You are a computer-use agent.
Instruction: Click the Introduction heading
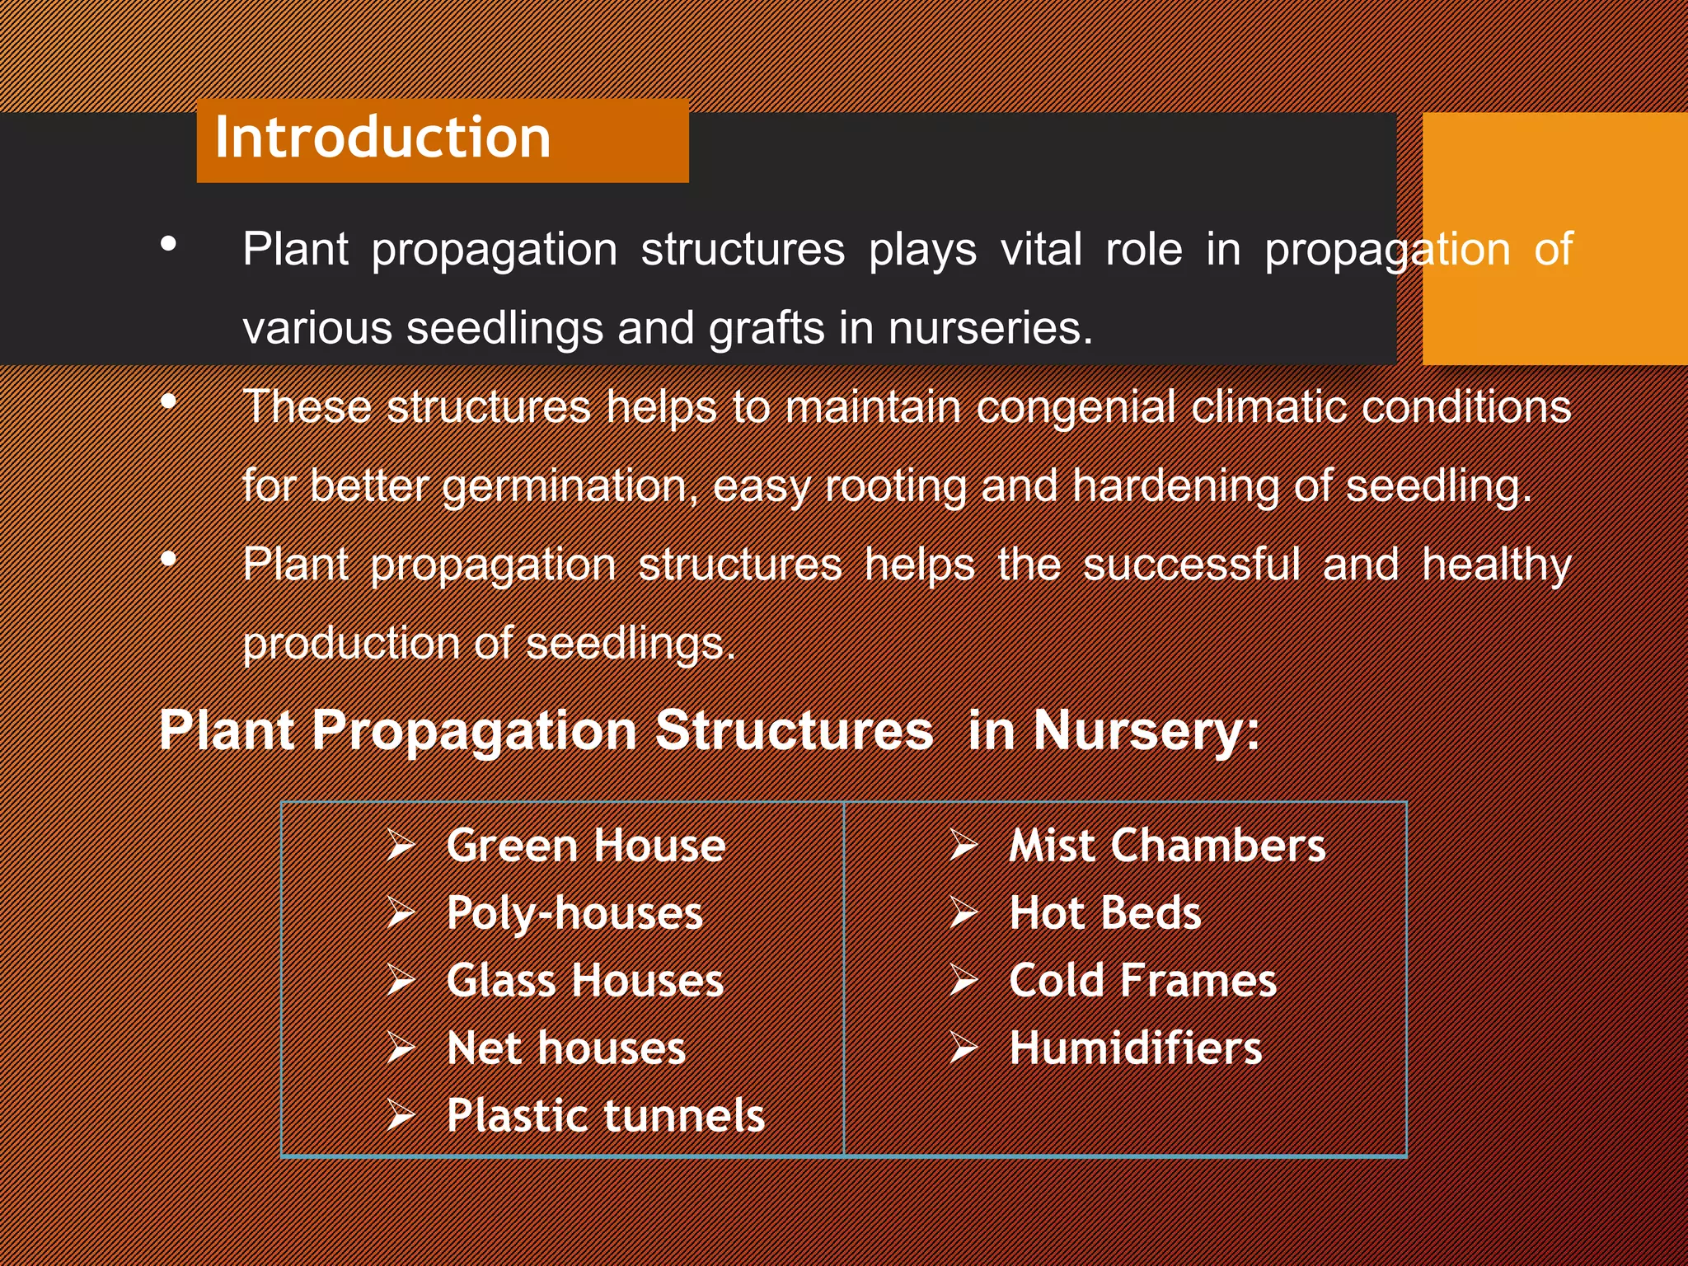pyautogui.click(x=382, y=138)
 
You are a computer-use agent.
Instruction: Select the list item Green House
pyautogui.click(x=585, y=846)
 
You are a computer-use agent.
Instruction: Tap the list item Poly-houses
pyautogui.click(x=574, y=913)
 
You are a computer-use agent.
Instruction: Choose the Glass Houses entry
pyautogui.click(x=584, y=981)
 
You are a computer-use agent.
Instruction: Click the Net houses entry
pyautogui.click(x=565, y=1048)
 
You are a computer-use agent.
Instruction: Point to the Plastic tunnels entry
pyautogui.click(x=605, y=1116)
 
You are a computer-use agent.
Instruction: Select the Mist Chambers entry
pyautogui.click(x=1167, y=846)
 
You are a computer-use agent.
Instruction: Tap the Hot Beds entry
pyautogui.click(x=1104, y=913)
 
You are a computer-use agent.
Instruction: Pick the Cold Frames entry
pyautogui.click(x=1142, y=981)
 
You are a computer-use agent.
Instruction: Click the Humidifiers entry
pyautogui.click(x=1135, y=1048)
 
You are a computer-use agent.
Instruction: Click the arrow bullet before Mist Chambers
pyautogui.click(x=963, y=846)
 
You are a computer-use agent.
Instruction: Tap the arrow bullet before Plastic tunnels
pyautogui.click(x=401, y=1116)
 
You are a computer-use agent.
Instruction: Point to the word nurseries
pyautogui.click(x=989, y=329)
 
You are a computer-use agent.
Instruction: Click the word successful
pyautogui.click(x=1190, y=565)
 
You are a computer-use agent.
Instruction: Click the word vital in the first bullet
pyautogui.click(x=1040, y=250)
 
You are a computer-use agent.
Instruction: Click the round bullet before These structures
pyautogui.click(x=169, y=402)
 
